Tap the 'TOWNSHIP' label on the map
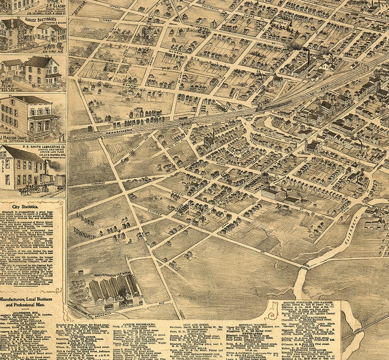tap(84, 231)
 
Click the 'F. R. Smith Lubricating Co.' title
tap(43, 146)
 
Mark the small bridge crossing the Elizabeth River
tap(304, 267)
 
